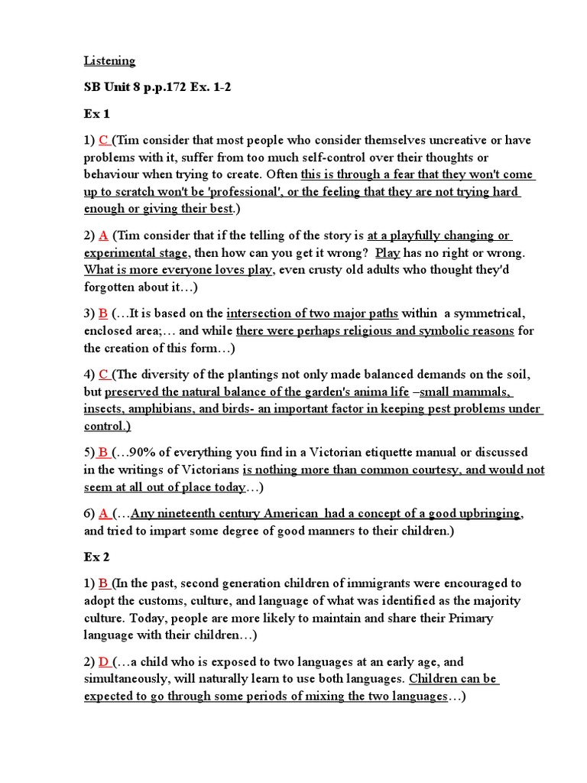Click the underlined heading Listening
pos(109,60)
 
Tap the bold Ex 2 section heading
pos(97,557)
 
